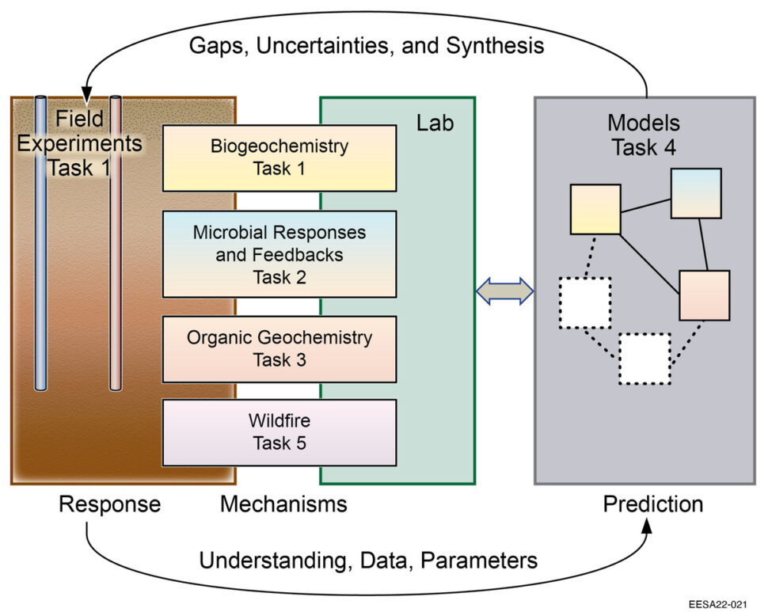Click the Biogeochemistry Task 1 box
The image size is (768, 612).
coord(279,158)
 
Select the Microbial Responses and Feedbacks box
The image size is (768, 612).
coord(279,254)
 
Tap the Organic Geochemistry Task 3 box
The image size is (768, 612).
coord(279,348)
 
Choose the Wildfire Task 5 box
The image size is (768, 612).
coord(279,432)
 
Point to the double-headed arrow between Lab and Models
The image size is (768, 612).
coord(505,291)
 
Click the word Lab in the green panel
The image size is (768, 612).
coord(435,124)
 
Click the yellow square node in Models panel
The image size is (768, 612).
coord(595,209)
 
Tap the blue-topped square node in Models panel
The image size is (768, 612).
coord(696,192)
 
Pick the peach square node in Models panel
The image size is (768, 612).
coord(704,295)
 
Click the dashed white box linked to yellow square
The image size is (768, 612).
coord(584,302)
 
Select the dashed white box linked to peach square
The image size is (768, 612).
coord(644,359)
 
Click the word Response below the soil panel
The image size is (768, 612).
coord(109,504)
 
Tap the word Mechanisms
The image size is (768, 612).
coord(283,504)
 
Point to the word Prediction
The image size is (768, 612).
coord(652,504)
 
